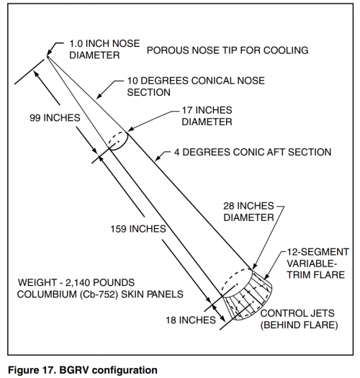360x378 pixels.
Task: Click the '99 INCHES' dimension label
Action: coord(55,118)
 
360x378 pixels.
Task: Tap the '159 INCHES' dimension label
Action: coord(138,229)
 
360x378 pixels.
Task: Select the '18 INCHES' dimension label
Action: coord(191,320)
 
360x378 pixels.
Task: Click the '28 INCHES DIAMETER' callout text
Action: coord(248,212)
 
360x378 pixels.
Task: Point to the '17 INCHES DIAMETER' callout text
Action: coord(207,116)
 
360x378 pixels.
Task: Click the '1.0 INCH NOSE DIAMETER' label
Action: coord(104,50)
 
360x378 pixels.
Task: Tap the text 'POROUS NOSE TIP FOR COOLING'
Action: coord(228,50)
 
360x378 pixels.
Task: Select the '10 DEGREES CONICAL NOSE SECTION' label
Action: coord(196,86)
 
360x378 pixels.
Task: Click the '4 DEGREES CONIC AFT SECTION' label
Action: coord(253,153)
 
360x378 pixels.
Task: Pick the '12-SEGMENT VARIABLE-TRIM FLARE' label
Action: coord(318,264)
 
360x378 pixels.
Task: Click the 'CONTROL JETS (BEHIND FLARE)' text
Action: coord(299,319)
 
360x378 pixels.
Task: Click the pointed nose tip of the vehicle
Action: coord(48,57)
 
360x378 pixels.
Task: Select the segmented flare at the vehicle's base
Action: coord(248,296)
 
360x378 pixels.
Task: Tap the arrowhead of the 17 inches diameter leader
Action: coord(130,130)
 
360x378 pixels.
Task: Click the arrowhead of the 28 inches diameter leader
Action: coord(254,266)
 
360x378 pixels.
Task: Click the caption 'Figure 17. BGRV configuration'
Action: coord(83,370)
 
